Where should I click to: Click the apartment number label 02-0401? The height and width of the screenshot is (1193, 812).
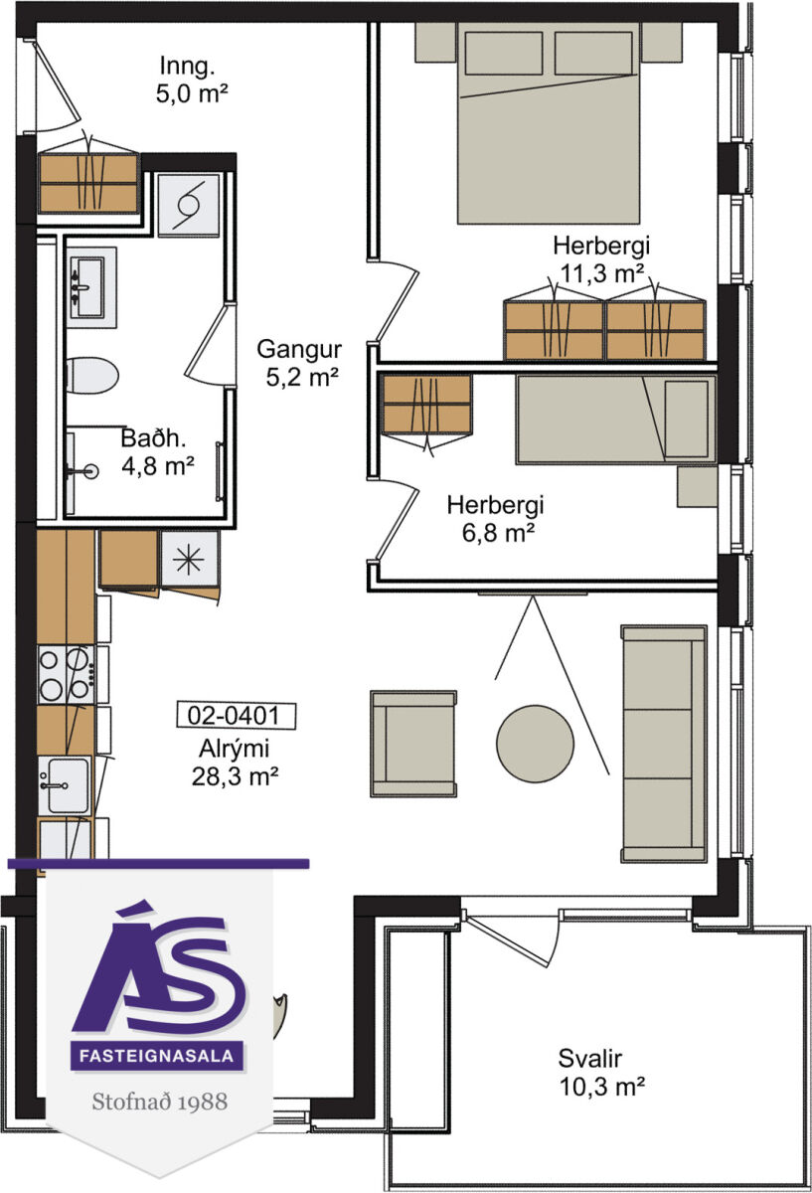click(x=236, y=715)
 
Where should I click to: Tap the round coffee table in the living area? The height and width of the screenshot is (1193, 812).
click(x=535, y=744)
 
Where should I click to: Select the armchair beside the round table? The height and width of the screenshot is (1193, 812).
click(x=413, y=744)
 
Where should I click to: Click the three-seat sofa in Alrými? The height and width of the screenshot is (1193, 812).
click(x=665, y=744)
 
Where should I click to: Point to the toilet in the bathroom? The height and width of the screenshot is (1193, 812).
click(x=92, y=376)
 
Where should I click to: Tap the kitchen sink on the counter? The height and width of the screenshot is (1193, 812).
click(x=65, y=785)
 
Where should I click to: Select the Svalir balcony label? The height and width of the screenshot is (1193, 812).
click(x=590, y=1058)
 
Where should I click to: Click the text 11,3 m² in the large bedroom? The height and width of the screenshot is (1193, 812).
click(x=601, y=273)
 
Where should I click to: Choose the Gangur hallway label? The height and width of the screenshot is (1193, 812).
click(x=299, y=349)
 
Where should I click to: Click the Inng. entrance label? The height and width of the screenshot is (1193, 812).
click(x=187, y=67)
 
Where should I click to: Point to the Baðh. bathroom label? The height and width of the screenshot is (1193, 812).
click(x=153, y=437)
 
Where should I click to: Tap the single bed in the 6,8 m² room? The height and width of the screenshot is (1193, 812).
click(x=616, y=420)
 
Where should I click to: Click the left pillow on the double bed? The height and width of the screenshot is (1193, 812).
click(x=504, y=53)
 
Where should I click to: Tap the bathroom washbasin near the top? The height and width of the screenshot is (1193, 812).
click(x=91, y=287)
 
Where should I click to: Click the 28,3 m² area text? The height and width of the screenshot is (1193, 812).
click(x=235, y=777)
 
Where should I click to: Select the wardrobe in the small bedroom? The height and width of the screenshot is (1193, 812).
click(x=427, y=404)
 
